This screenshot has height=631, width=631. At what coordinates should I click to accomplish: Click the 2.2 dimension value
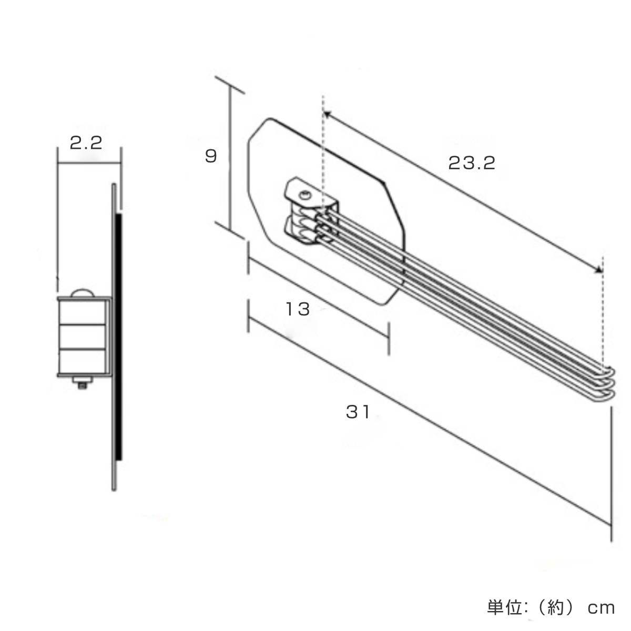85,143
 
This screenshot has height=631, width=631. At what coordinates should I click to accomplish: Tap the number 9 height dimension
211,156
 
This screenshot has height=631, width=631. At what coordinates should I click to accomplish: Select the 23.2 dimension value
472,164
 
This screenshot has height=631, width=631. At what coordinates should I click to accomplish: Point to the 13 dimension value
298,309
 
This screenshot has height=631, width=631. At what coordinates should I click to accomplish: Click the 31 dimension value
358,412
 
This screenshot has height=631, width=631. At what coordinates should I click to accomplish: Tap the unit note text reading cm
601,608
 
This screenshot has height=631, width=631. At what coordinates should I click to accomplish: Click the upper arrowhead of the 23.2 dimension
327,114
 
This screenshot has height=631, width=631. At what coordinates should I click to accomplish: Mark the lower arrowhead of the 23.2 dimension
598,270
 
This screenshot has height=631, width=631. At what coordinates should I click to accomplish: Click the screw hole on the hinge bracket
303,195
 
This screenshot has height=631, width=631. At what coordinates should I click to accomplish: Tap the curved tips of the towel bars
607,382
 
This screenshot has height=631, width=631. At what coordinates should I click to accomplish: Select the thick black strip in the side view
119,337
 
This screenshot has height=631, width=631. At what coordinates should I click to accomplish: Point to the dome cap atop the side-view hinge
82,293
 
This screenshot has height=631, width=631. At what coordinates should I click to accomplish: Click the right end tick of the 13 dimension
389,339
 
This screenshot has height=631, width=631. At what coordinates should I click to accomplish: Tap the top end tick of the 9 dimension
230,84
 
